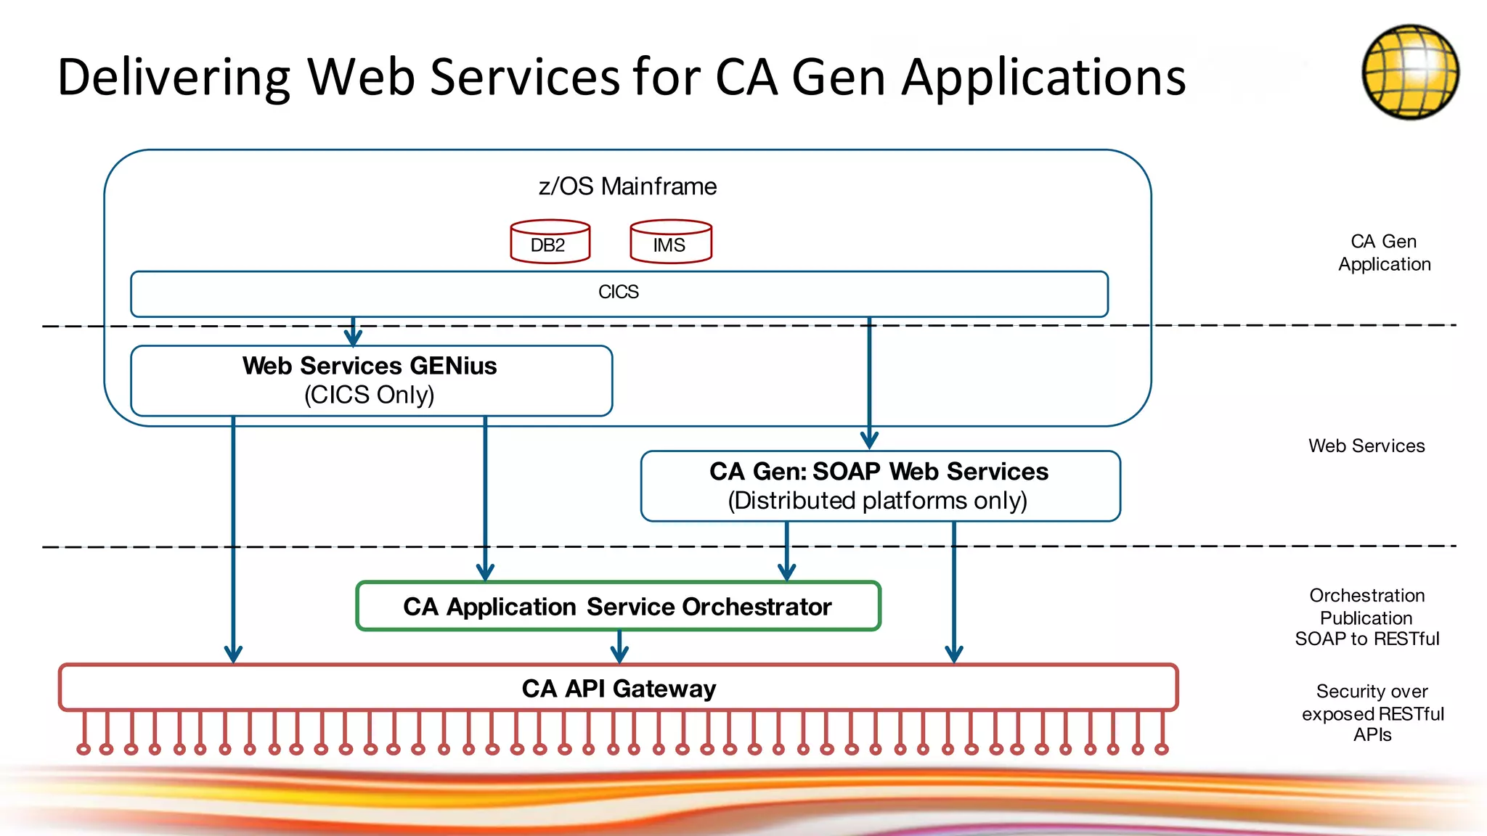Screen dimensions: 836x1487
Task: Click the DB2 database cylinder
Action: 550,242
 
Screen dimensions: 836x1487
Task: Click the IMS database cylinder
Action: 670,242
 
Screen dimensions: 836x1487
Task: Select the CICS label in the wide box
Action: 618,292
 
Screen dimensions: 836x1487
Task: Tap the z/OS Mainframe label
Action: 627,187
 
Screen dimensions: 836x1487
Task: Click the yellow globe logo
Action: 1410,72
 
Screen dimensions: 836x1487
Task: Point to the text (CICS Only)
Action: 369,395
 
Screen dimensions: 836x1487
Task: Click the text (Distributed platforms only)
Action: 877,501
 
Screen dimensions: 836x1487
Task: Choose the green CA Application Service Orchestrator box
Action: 617,607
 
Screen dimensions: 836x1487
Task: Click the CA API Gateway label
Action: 619,688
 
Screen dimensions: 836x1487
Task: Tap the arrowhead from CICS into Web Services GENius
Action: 353,337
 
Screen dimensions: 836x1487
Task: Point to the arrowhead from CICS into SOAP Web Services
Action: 869,440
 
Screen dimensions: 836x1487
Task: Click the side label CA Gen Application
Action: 1384,253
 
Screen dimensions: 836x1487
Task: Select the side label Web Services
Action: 1366,446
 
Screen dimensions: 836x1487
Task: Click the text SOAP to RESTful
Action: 1366,639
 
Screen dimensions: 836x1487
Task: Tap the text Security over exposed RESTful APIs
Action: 1372,713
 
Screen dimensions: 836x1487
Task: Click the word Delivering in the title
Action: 173,77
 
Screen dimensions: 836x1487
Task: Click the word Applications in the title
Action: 1043,77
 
